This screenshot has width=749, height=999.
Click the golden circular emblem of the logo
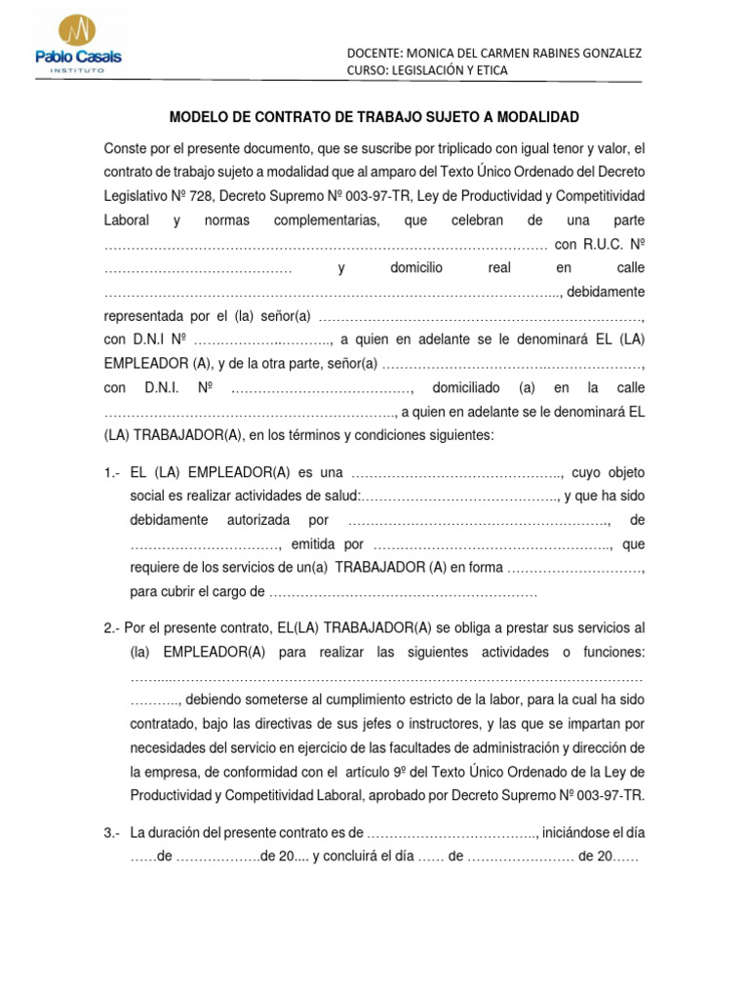(x=78, y=30)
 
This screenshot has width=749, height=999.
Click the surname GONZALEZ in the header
(x=609, y=53)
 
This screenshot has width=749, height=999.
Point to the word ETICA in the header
(x=489, y=70)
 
